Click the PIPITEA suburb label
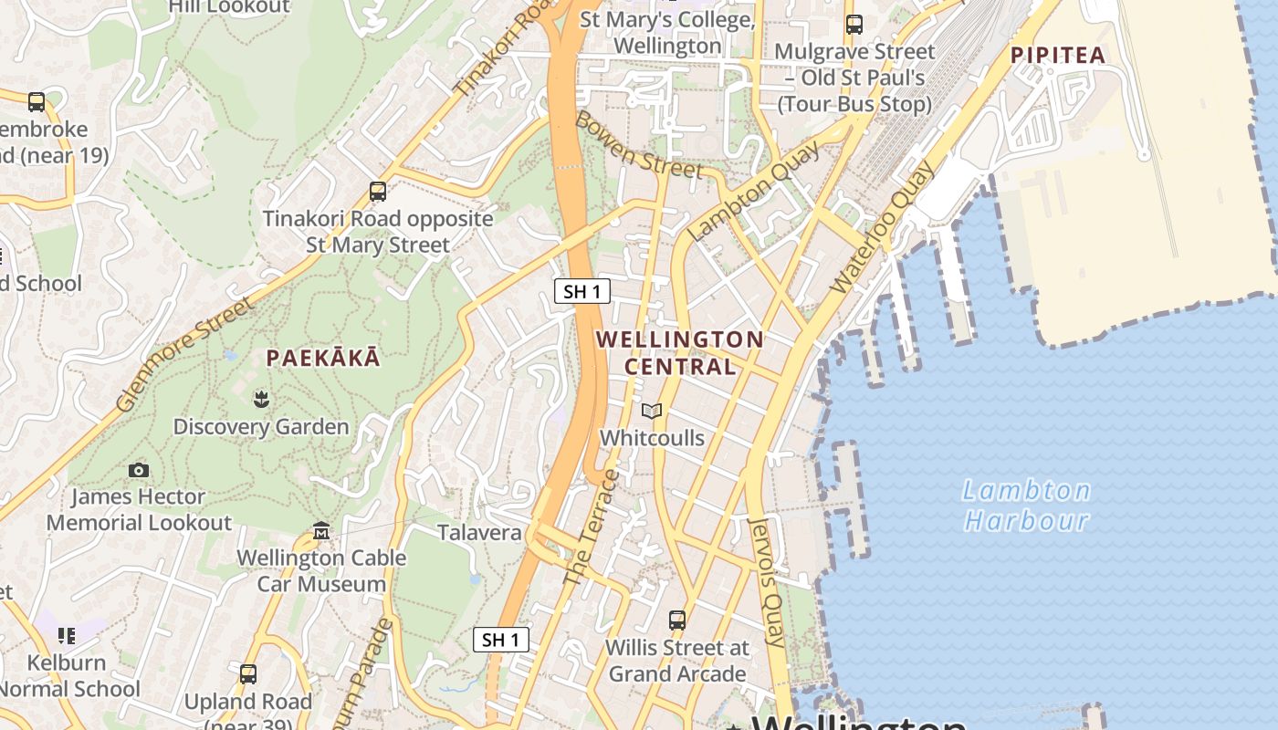1058,55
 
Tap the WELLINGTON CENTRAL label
680,352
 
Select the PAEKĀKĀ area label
323,358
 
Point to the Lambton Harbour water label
1027,506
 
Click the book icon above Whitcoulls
652,412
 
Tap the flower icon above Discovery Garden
261,399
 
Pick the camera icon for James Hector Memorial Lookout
139,470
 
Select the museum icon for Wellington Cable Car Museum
321,530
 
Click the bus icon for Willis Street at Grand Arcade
677,620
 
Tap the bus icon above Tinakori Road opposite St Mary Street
378,192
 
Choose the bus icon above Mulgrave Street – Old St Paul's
854,25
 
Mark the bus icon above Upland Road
248,674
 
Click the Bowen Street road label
638,145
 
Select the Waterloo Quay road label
883,227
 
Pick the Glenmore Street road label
184,353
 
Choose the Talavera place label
479,533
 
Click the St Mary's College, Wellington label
667,32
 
